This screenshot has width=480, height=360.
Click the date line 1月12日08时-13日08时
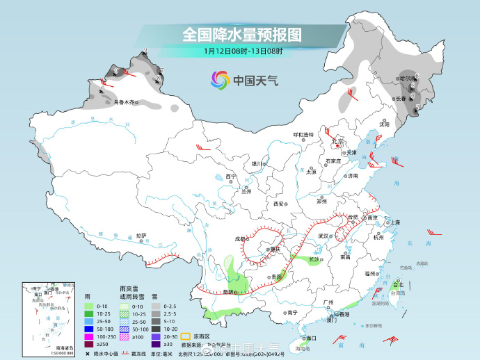[243, 51]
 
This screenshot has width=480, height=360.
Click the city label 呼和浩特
[303, 134]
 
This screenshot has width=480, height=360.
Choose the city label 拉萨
[141, 235]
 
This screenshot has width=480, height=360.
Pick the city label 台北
[398, 284]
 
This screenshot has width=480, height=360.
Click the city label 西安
[279, 204]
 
